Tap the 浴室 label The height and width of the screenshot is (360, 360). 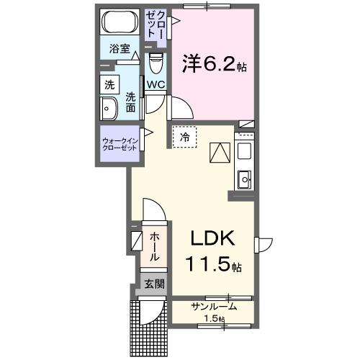119,50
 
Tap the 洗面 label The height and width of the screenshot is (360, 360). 130,102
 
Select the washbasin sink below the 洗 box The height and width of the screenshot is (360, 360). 110,110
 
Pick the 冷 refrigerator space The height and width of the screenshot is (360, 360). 184,137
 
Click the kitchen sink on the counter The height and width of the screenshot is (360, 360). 244,177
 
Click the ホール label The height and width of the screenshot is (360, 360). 155,247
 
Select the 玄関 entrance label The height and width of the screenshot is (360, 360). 153,284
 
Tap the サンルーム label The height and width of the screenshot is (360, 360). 213,307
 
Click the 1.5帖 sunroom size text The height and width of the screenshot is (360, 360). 213,318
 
